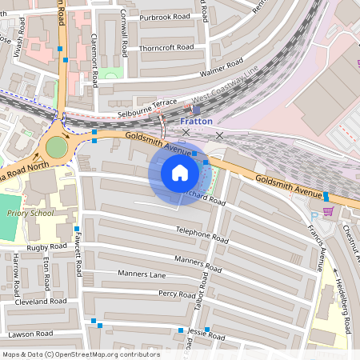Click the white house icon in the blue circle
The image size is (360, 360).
[x=180, y=173]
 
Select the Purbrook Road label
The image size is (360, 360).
[x=166, y=16]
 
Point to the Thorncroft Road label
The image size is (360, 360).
[x=167, y=47]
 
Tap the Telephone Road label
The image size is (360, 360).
[x=202, y=234]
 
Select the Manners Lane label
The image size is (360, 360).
[x=142, y=274]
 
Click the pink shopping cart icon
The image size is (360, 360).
[x=327, y=210]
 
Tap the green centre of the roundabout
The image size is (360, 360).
[x=57, y=147]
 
